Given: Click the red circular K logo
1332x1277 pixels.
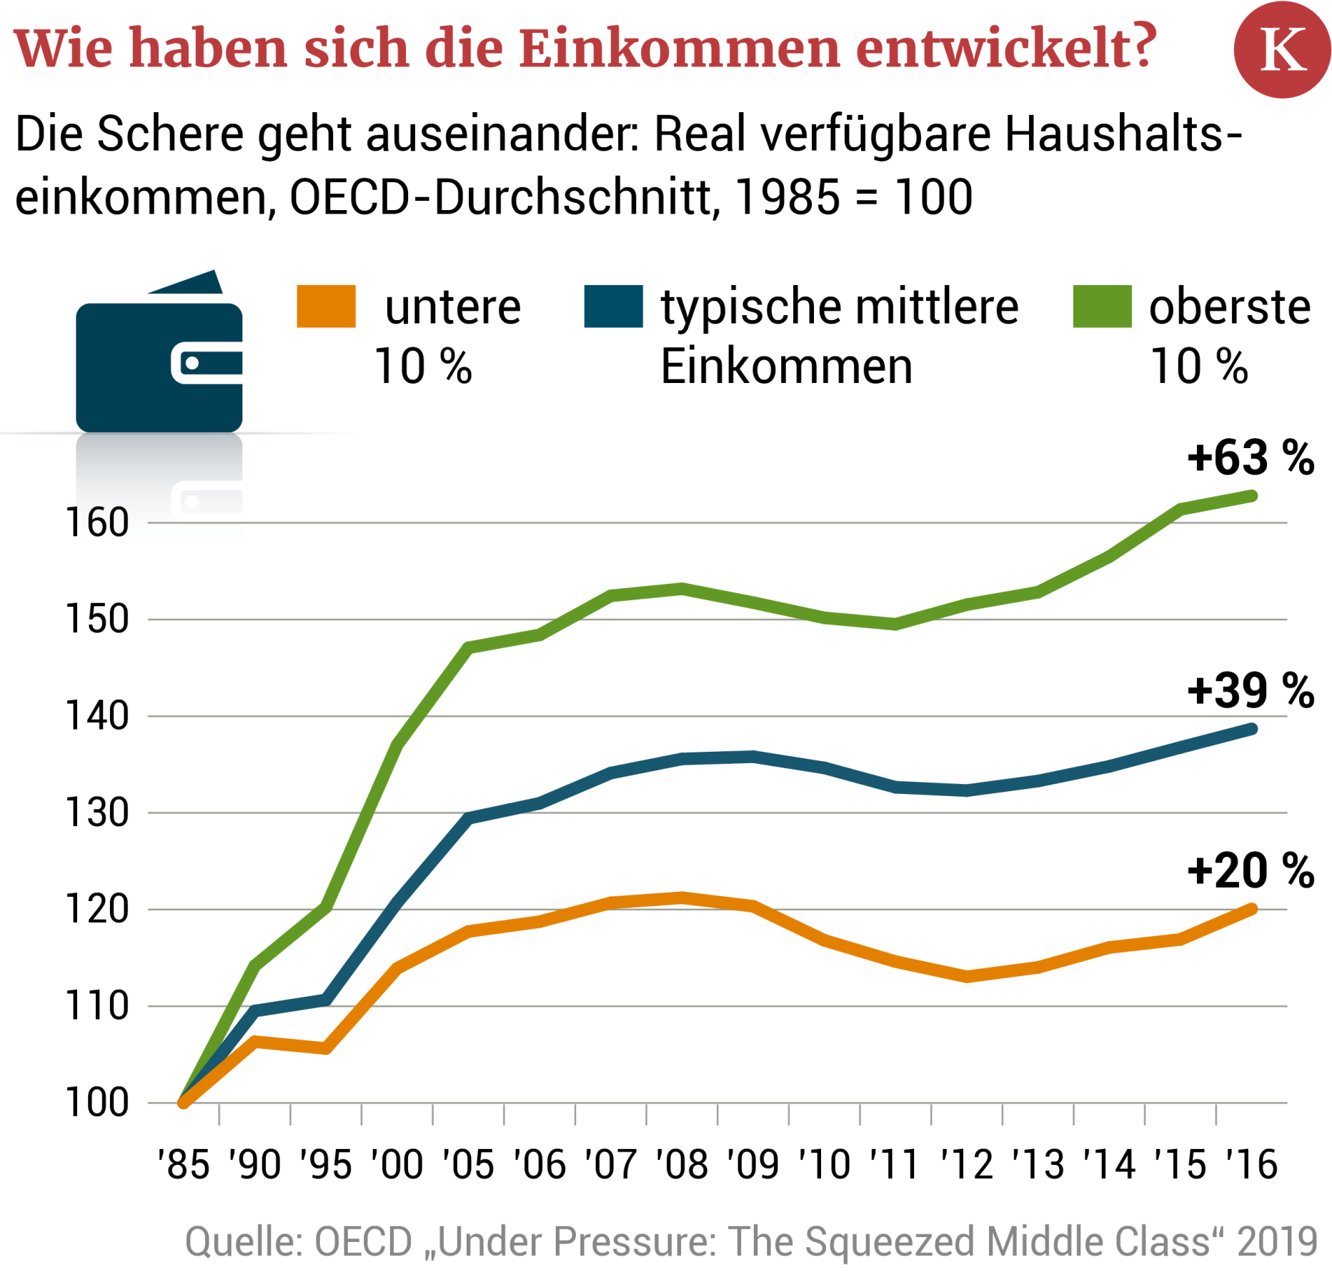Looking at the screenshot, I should coord(1281,49).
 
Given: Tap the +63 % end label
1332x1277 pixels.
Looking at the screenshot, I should coord(1250,458).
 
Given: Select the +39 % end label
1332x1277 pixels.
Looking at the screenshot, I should coord(1250,691).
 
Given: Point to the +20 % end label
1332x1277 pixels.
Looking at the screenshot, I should coord(1250,871).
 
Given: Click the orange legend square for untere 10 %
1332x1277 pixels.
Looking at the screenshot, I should coord(326,307).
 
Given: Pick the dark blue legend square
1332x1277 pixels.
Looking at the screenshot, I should coord(613,307).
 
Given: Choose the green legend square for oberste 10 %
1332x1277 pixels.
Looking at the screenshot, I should coord(1102,307).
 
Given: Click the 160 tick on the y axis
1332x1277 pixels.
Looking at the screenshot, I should coord(97,523).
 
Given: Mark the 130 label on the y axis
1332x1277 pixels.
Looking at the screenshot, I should coord(97,813).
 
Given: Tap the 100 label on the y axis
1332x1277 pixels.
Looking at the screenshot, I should coord(97,1103).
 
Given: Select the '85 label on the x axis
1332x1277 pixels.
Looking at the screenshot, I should coord(184,1166).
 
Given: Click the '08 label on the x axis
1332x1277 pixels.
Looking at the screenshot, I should coord(682,1166).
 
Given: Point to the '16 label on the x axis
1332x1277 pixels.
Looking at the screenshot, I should coord(1251,1166).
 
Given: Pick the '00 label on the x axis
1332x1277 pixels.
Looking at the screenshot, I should coord(397,1166).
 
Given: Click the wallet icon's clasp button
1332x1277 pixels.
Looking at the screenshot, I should coord(192,363).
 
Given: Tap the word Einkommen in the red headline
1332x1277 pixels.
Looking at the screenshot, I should coord(679,49).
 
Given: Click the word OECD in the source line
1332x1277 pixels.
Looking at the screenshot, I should coord(363,1242).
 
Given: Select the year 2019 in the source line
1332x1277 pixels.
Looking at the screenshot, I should coord(1278,1242).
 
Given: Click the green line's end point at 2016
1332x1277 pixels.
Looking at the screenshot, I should coord(1252,496).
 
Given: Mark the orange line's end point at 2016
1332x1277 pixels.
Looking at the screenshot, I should coord(1252,909).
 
